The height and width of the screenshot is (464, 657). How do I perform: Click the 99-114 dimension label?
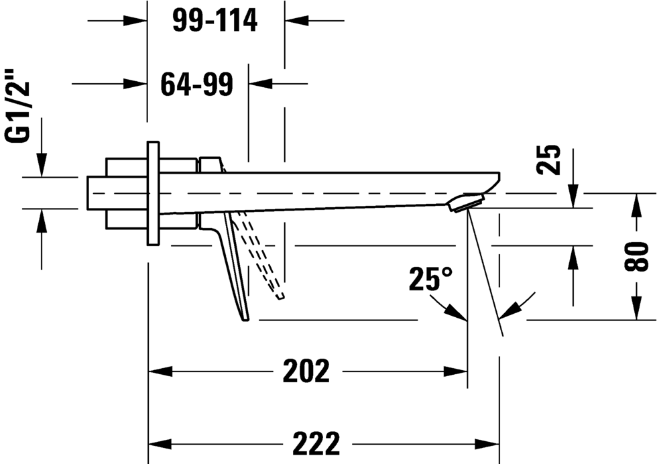(x=215, y=20)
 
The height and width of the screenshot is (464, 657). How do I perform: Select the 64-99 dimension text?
(x=197, y=84)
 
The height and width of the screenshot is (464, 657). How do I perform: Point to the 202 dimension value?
(x=306, y=371)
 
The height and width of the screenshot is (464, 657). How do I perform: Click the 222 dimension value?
(x=316, y=443)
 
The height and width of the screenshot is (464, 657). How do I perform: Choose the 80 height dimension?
(x=636, y=257)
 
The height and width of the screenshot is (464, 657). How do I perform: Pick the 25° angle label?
(x=430, y=278)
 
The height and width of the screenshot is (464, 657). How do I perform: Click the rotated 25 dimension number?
(x=548, y=160)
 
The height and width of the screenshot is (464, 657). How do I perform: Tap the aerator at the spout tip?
(x=466, y=203)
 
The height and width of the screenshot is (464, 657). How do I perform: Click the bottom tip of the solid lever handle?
(x=245, y=321)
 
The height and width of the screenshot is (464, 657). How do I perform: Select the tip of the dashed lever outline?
(x=280, y=297)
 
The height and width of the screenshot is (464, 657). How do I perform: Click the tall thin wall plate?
(x=154, y=193)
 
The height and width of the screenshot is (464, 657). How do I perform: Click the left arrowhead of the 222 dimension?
(x=160, y=443)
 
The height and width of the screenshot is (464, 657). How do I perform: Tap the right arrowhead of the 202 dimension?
(x=455, y=371)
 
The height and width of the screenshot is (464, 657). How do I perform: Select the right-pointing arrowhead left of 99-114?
(x=135, y=20)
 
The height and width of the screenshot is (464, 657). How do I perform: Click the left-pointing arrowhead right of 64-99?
(x=261, y=83)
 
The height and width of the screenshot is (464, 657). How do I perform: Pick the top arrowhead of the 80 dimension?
(x=636, y=205)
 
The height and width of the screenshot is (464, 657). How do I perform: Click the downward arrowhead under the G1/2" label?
(x=42, y=165)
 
